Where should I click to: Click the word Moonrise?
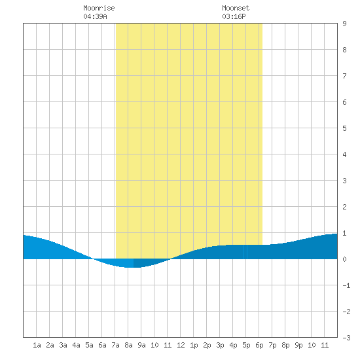pos(99,8)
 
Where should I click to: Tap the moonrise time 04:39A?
pos(95,16)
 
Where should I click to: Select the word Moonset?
pos(236,8)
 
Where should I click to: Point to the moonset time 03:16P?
pos(234,16)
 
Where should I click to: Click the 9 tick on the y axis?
pos(344,24)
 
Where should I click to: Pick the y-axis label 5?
pos(344,128)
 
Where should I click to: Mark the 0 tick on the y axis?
pos(344,259)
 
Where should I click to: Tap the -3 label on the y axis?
pos(346,338)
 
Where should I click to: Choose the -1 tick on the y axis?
pos(346,285)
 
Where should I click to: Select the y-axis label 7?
pos(344,76)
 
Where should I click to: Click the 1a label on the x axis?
pos(37,345)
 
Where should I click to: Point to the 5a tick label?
pos(89,345)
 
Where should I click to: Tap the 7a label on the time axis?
pos(115,345)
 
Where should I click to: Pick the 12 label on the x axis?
pos(181,345)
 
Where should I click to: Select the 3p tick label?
pos(220,345)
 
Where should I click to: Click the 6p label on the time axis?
pos(259,345)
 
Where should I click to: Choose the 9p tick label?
pos(298,345)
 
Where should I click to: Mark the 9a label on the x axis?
pos(141,345)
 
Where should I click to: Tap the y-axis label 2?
pos(344,207)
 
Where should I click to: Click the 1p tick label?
pos(194,345)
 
